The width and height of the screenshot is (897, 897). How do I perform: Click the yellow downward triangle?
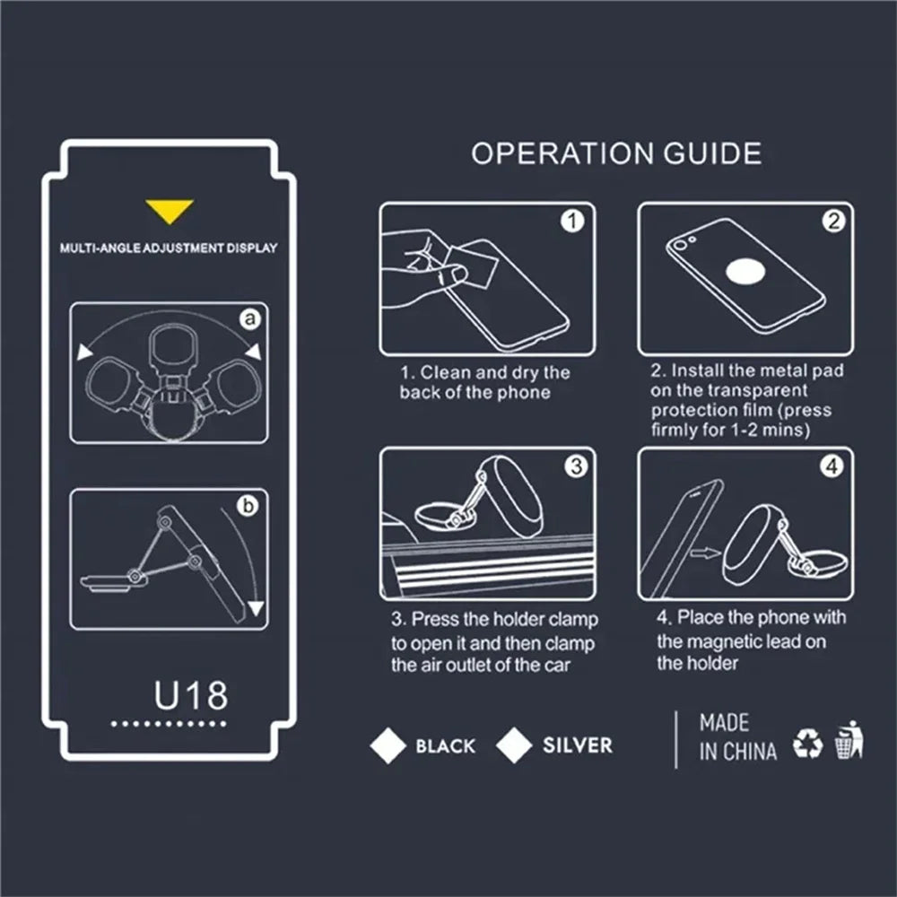pos(170,211)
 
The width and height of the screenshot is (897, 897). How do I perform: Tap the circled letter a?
pos(250,318)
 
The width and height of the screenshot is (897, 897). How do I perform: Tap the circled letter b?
pos(248,506)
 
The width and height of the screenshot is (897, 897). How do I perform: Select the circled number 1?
pos(572,221)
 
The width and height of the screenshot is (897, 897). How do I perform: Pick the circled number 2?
pos(833,221)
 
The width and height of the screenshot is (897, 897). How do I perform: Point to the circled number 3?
pos(576,466)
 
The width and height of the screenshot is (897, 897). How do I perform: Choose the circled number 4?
pos(832,466)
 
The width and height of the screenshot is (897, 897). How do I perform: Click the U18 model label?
pos(190,695)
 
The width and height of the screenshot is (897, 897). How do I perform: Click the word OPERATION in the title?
pos(562,153)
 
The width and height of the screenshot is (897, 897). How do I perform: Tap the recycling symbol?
pos(808,743)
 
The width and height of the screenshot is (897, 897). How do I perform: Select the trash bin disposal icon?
pos(849,739)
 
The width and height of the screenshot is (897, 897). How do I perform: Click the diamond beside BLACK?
pos(388,745)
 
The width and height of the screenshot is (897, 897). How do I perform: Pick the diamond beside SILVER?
pos(514,745)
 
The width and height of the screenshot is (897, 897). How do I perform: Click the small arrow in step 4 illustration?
pos(705,553)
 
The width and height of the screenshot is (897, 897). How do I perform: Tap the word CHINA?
pos(749,752)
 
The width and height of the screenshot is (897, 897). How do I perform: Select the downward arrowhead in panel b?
pos(256,608)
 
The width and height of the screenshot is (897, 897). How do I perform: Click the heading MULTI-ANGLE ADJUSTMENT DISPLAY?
pos(169,248)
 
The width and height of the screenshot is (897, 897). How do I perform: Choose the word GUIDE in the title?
pos(713,153)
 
